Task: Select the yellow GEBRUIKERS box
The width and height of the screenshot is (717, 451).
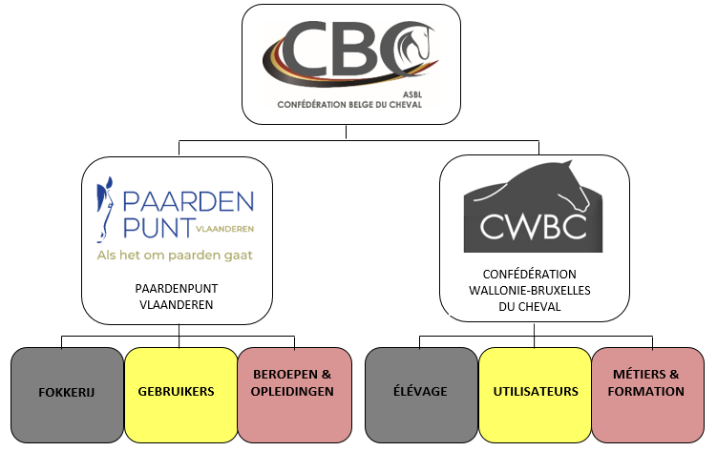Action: [x=180, y=392]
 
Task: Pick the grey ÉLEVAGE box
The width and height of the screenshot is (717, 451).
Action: [x=421, y=392]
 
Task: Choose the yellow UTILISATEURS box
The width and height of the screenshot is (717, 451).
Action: [x=535, y=392]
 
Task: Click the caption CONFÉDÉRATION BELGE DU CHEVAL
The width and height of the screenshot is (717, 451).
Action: [x=348, y=106]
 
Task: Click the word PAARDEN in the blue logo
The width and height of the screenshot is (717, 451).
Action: [x=188, y=201]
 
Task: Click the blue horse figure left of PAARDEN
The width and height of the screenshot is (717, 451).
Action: [x=107, y=212]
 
